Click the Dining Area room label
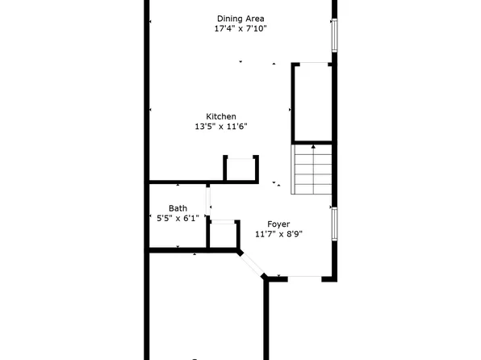[x=240, y=19]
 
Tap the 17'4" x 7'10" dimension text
[x=240, y=29]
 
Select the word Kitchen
[x=220, y=116]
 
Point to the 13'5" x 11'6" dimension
[x=220, y=126]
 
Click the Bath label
[x=178, y=208]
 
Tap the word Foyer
[x=279, y=224]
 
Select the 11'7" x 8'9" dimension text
[x=279, y=234]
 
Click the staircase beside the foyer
[x=312, y=169]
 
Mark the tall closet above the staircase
[x=312, y=103]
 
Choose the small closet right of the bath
[x=224, y=234]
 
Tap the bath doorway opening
[x=208, y=199]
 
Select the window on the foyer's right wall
[x=334, y=224]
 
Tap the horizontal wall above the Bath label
[x=186, y=182]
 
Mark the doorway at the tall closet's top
[x=312, y=63]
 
